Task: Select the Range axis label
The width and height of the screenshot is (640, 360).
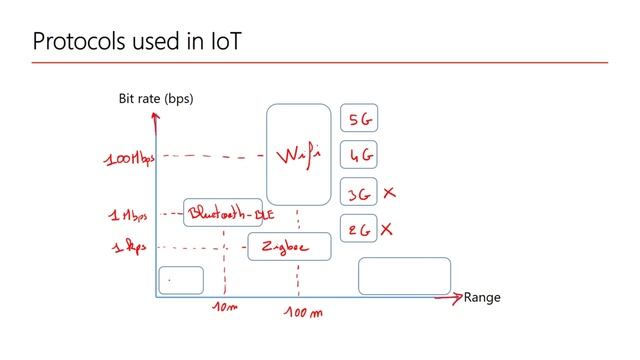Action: click(x=481, y=297)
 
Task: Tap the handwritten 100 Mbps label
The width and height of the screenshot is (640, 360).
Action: click(x=129, y=158)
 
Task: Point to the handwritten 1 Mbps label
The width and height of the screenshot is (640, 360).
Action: click(x=129, y=214)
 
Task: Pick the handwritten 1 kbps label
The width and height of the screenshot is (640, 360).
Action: click(x=127, y=246)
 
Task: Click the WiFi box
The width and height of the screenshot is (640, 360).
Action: click(x=298, y=155)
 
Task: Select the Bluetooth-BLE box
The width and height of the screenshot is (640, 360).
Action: click(x=230, y=213)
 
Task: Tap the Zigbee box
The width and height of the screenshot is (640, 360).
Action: click(x=288, y=246)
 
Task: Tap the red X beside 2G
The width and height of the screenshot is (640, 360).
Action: click(x=387, y=229)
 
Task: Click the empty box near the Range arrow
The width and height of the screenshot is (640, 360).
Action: click(x=404, y=276)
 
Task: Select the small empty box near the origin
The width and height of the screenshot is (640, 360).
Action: click(x=181, y=280)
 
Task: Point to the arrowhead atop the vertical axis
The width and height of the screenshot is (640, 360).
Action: click(x=155, y=117)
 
